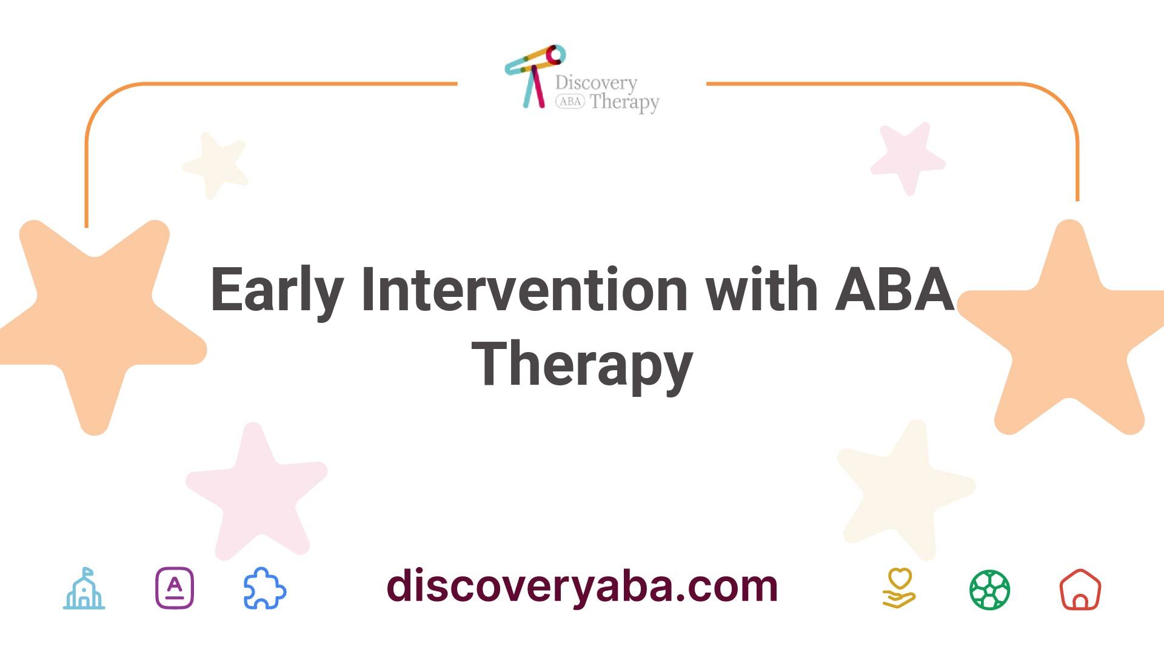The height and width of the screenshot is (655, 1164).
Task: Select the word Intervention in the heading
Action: click(x=524, y=289)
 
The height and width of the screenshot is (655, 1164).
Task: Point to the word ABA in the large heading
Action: click(x=894, y=289)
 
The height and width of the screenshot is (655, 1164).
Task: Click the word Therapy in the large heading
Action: click(x=582, y=364)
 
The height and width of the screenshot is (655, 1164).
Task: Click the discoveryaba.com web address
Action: click(x=582, y=585)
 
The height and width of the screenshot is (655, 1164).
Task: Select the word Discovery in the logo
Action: click(x=596, y=83)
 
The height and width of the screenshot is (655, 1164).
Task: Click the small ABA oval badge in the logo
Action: click(x=570, y=102)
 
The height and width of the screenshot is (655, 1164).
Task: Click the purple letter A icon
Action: click(x=175, y=588)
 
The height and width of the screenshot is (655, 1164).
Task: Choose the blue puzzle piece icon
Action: click(x=264, y=588)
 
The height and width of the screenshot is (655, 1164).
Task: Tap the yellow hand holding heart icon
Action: click(x=899, y=588)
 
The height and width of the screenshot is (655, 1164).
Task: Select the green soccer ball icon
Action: click(x=990, y=589)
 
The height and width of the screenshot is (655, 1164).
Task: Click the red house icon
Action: click(x=1080, y=589)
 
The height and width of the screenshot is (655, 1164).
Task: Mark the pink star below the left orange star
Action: click(x=258, y=491)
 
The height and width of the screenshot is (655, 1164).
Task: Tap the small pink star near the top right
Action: click(x=908, y=158)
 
